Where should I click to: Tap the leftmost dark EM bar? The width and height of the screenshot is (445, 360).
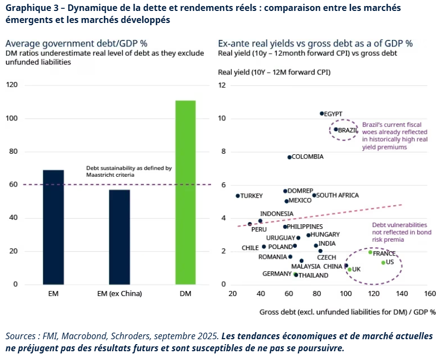[x=53, y=227]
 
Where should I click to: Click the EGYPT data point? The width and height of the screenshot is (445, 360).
[x=321, y=113]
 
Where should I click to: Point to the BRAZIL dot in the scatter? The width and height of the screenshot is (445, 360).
[x=336, y=130]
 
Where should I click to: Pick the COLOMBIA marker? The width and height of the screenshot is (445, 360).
[x=289, y=157]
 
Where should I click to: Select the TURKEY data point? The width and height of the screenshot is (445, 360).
[x=237, y=196]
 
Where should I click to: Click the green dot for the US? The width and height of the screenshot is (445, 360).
[x=383, y=263]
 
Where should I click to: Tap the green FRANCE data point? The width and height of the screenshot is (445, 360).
[x=370, y=252]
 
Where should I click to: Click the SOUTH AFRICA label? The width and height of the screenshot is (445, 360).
[x=337, y=195]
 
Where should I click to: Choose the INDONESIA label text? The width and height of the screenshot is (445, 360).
[x=277, y=214]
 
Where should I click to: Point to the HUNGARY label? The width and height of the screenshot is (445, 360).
[x=325, y=235]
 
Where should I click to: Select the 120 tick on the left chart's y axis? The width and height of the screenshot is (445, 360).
[x=12, y=85]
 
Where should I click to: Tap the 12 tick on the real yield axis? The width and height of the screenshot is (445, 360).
[x=222, y=85]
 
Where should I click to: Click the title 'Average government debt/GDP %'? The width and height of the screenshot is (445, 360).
[x=77, y=43]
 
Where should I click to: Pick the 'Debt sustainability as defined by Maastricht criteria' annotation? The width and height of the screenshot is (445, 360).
[x=130, y=171]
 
